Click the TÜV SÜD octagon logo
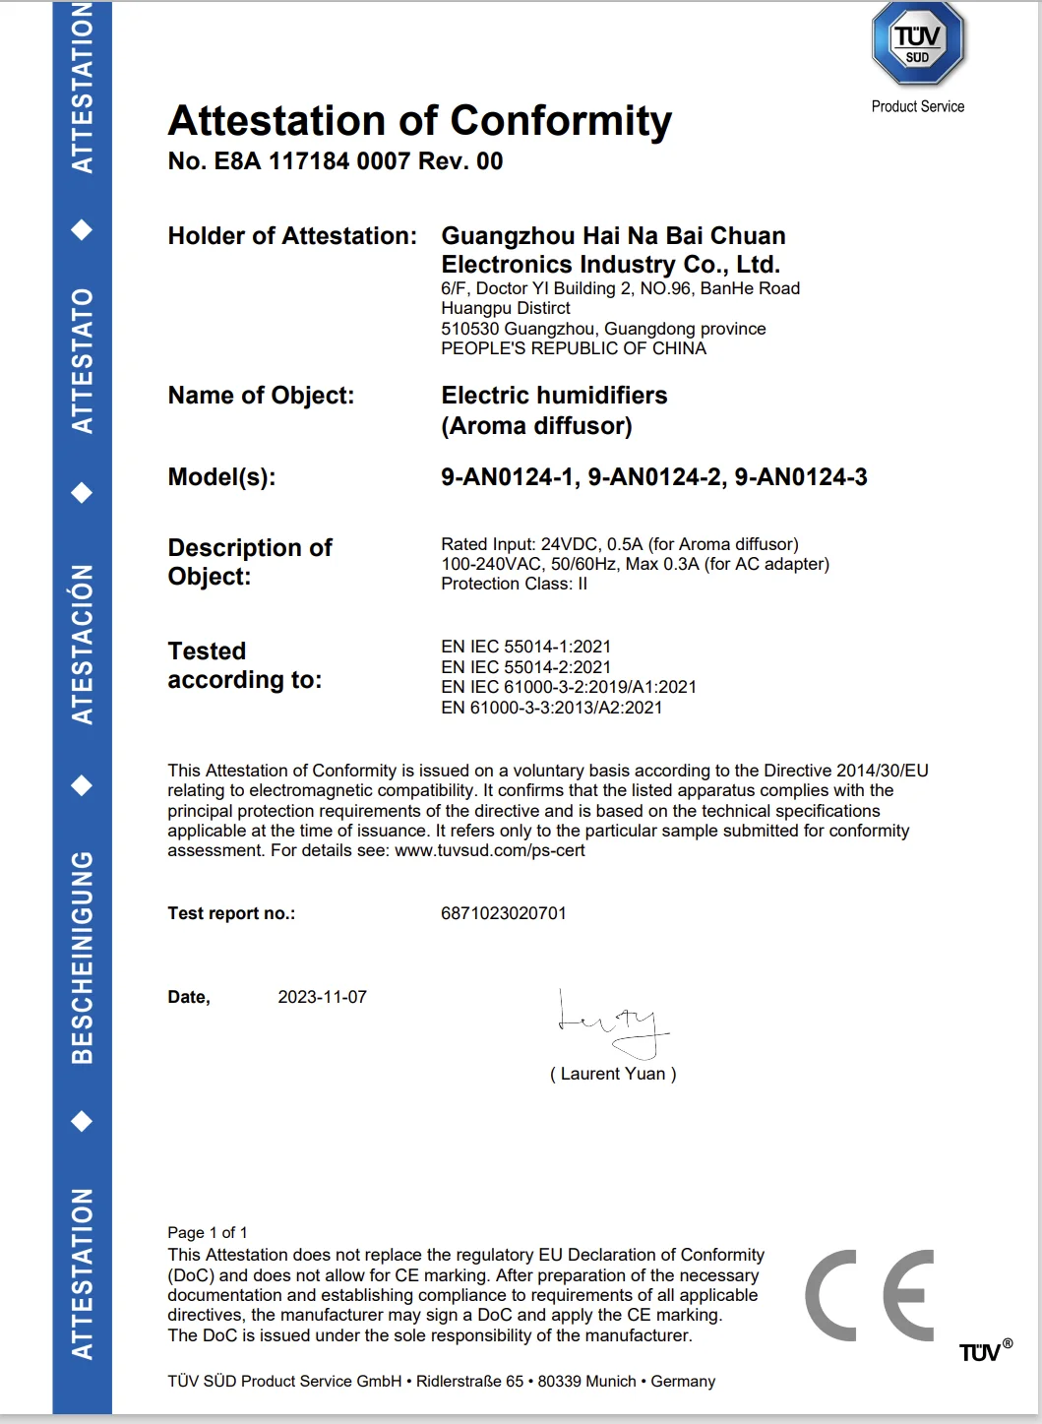coord(917,43)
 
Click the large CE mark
coord(870,1295)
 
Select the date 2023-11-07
coord(322,997)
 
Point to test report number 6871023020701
coord(503,913)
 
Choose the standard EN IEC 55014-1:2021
coord(525,647)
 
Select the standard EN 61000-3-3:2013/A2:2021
coord(551,708)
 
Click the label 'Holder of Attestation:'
coord(292,236)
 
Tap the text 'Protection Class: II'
coord(514,584)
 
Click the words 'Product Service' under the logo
coord(917,106)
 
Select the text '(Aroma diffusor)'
coord(536,426)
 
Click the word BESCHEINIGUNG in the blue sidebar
coord(83,957)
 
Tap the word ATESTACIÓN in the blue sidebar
coord(83,645)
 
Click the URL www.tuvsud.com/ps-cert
coord(489,850)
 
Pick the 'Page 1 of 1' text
coord(207,1232)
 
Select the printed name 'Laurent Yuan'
coord(612,1074)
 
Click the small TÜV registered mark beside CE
coord(984,1352)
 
